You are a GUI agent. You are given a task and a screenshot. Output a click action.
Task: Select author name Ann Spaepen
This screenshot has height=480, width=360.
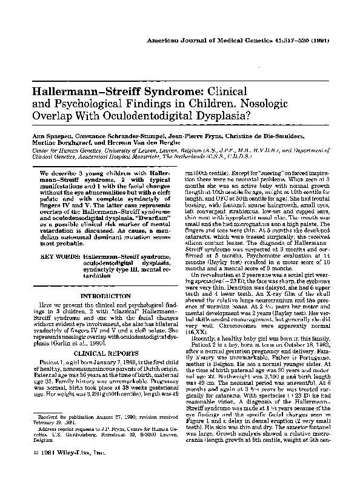[x=42, y=132]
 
